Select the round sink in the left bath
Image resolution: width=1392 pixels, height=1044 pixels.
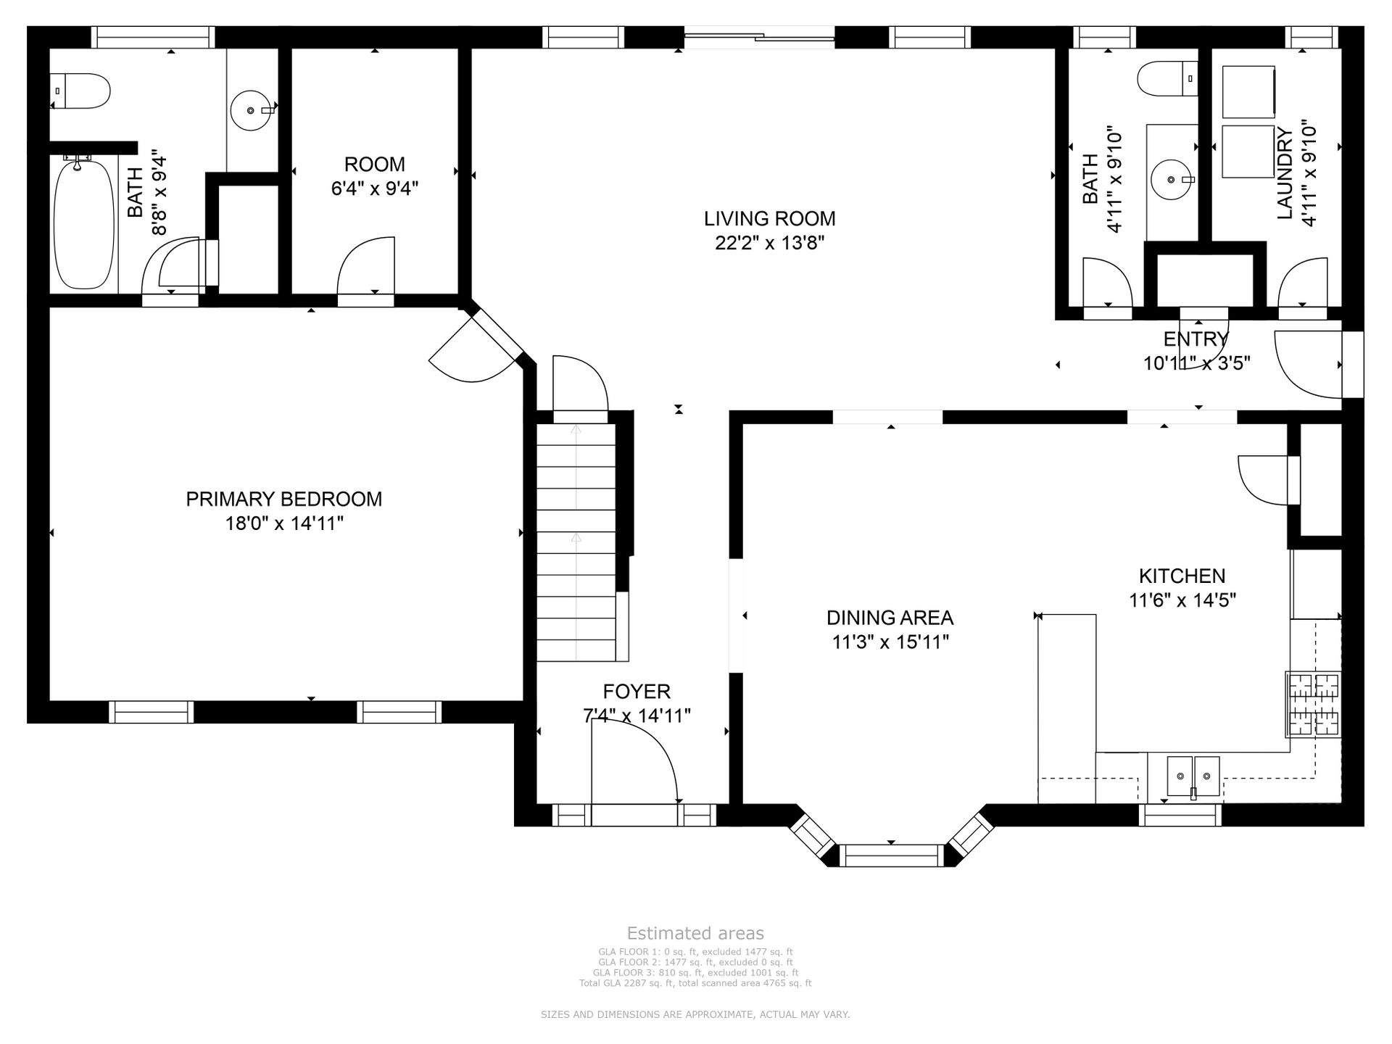point(251,110)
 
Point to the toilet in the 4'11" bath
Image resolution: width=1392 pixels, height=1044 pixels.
point(1167,78)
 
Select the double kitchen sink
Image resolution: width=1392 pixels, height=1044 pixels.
point(1193,776)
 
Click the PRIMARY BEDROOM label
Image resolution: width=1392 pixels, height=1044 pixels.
point(284,499)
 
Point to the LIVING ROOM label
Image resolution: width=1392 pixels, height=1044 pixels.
point(770,218)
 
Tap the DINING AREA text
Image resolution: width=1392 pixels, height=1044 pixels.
point(890,618)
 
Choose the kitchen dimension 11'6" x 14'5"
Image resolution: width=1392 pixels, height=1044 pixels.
point(1182,600)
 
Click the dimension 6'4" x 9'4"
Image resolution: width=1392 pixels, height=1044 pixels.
point(375,188)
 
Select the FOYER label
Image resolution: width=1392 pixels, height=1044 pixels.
point(637,691)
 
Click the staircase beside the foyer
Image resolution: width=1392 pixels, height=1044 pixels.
point(576,542)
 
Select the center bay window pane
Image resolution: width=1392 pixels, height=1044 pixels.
point(892,855)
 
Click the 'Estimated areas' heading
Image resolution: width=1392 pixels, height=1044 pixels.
point(695,933)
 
